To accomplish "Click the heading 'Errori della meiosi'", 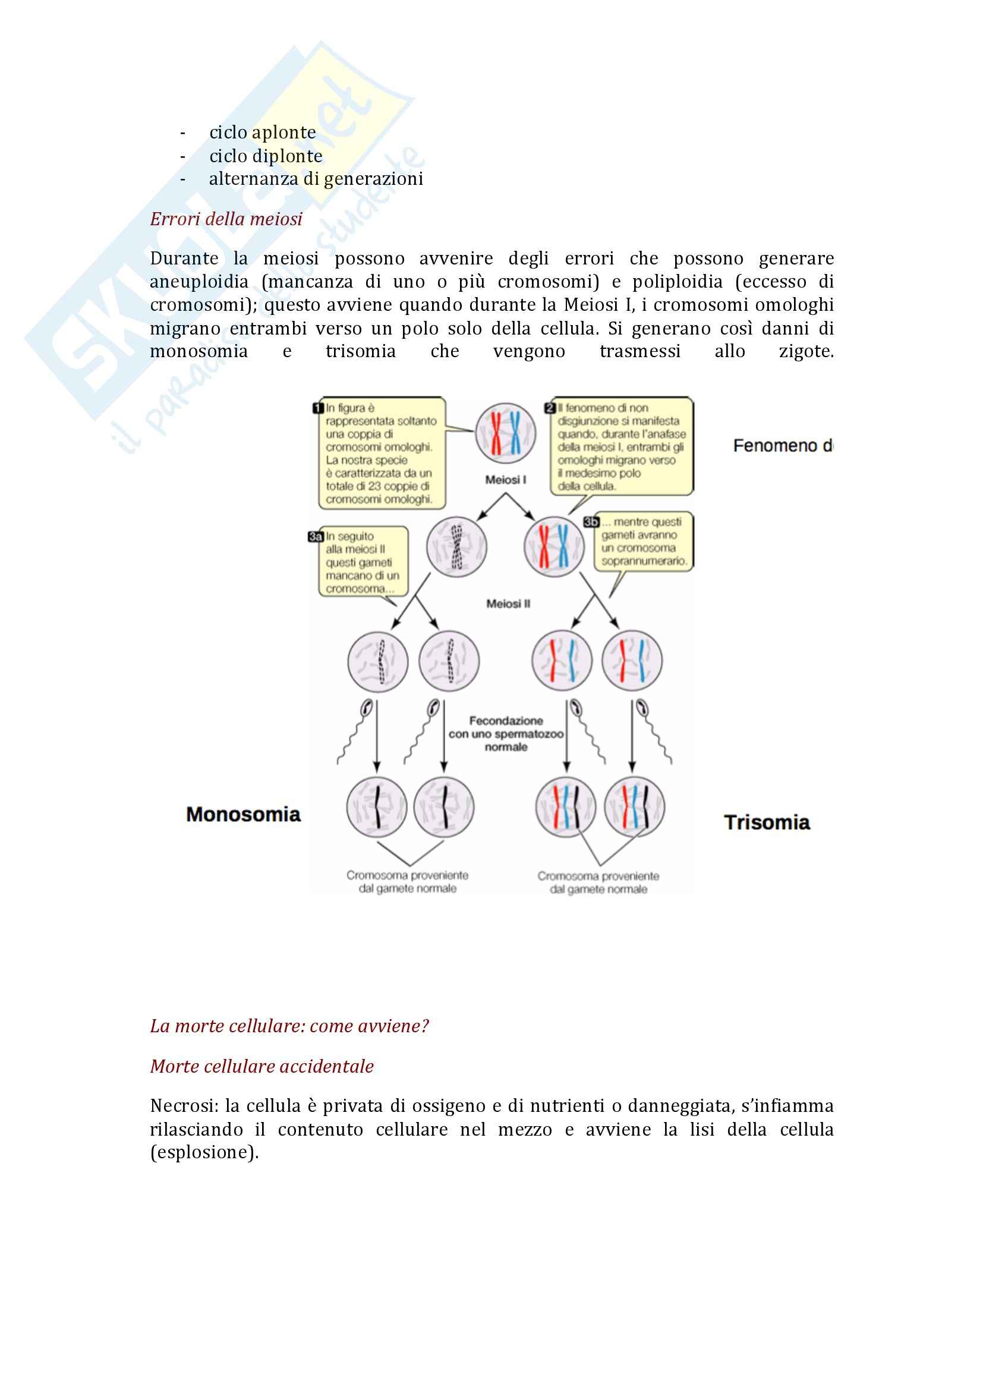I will (x=226, y=219).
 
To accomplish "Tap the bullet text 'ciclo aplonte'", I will (x=262, y=132).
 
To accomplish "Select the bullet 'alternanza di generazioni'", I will (x=316, y=179).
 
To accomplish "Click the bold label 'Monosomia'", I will (x=243, y=814).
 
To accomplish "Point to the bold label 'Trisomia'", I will (x=767, y=822).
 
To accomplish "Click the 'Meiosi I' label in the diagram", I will (x=505, y=480).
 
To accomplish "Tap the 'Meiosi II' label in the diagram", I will (x=508, y=604).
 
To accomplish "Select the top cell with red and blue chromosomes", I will (x=505, y=433).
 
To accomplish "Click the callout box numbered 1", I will (x=381, y=453).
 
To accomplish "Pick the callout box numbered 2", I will (x=622, y=446).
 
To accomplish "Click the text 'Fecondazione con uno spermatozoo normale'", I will (x=506, y=734).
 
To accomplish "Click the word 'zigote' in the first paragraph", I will (x=805, y=351).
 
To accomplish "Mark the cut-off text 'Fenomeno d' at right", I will (x=782, y=446).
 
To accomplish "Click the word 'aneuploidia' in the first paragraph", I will (x=199, y=282).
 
